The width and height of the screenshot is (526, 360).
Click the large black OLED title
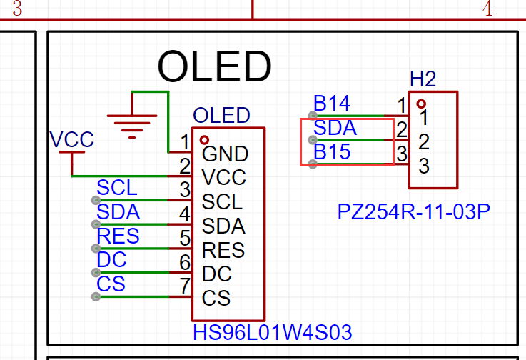coord(214,66)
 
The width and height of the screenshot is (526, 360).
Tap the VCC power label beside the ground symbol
coord(71,139)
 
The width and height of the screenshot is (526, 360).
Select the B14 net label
coord(331,103)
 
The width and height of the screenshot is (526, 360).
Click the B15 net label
coord(332,152)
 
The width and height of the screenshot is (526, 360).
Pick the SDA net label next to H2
coord(335,128)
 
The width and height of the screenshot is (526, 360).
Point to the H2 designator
coord(423,79)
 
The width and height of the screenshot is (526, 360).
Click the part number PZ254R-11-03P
coord(413,212)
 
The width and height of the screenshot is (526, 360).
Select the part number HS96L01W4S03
coord(273,332)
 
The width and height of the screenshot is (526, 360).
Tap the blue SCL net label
coord(117,187)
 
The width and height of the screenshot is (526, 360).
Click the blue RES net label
coord(118,236)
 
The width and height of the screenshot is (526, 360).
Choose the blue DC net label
coord(111,259)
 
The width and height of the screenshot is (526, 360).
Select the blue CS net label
coord(111,284)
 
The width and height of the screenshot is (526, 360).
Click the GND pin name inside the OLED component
coord(225,154)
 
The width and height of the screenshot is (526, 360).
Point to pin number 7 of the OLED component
coord(185,286)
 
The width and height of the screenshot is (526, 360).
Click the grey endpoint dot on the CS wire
coord(96,296)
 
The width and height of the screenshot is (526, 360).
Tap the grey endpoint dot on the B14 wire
coord(313,116)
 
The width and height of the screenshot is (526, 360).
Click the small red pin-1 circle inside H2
coord(421,104)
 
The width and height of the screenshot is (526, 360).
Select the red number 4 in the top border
coord(487,9)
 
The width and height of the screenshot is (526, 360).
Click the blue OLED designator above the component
coord(221,116)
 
